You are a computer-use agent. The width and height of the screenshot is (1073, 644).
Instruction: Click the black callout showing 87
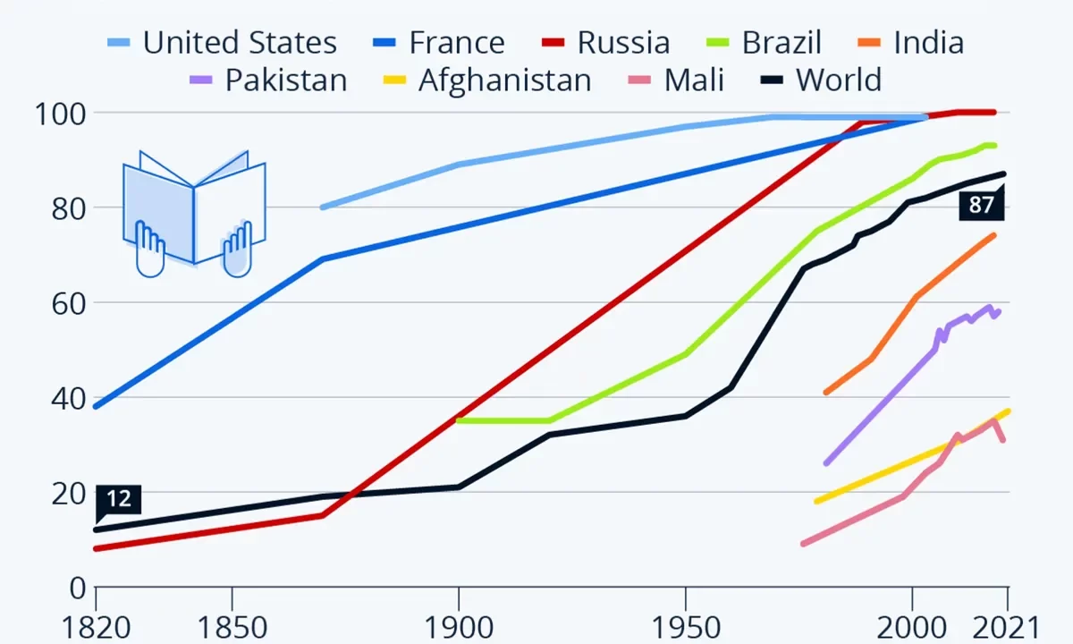(981, 205)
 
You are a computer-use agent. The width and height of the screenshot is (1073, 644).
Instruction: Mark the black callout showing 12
(118, 499)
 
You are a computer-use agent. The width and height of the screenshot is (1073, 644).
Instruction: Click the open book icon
(194, 213)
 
